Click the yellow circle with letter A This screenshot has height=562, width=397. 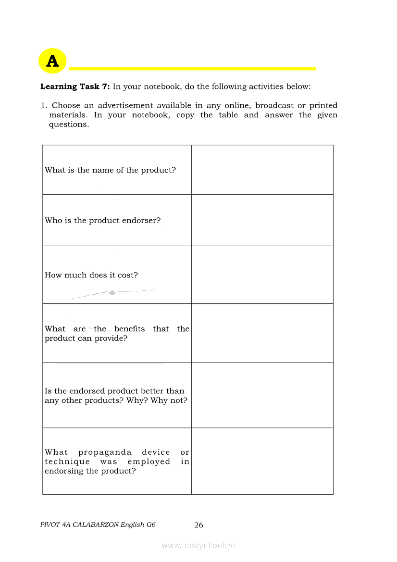coord(52,61)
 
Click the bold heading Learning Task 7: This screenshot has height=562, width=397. coord(75,87)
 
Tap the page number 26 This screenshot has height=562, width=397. coord(198,525)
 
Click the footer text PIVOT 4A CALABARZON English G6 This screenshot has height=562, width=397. coord(98,525)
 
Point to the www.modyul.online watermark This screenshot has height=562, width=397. coord(198,545)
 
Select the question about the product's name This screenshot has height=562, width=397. coord(110,170)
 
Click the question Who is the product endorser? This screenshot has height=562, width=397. coord(102,221)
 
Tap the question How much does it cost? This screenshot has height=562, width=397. coord(91,275)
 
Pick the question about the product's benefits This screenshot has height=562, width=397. coord(117,334)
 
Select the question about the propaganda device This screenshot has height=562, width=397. coord(117,462)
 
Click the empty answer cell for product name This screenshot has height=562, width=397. coord(262,170)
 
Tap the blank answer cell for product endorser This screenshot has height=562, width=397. coord(262,220)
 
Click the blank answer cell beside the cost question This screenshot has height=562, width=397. coord(262,275)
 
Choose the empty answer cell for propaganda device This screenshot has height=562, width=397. coord(262,461)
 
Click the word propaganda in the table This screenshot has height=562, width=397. coord(105,452)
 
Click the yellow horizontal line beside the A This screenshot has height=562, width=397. coord(192,69)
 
